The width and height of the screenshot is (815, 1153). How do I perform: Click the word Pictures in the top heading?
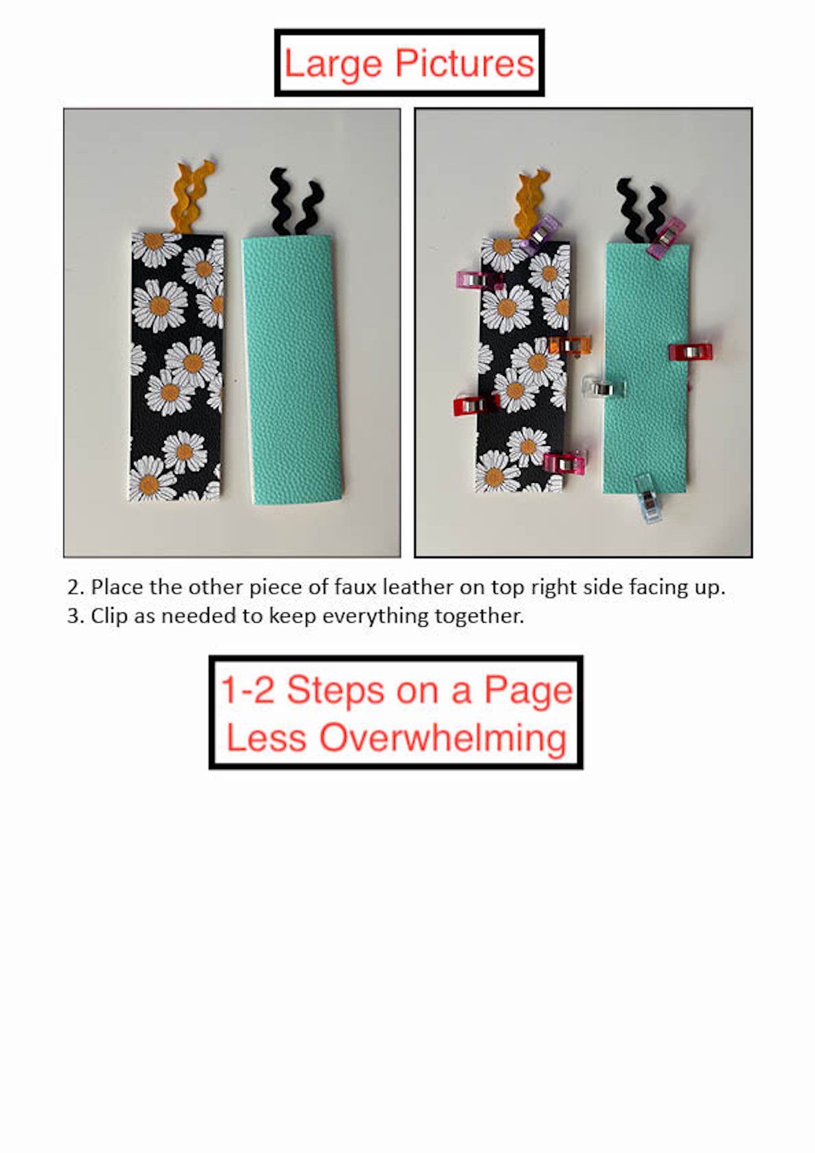[465, 64]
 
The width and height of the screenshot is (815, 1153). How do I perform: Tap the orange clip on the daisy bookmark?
[570, 345]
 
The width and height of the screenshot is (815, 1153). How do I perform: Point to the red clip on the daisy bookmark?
[475, 404]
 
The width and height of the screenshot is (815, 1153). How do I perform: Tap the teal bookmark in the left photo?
[292, 369]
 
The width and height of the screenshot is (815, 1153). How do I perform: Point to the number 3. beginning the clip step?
[75, 616]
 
